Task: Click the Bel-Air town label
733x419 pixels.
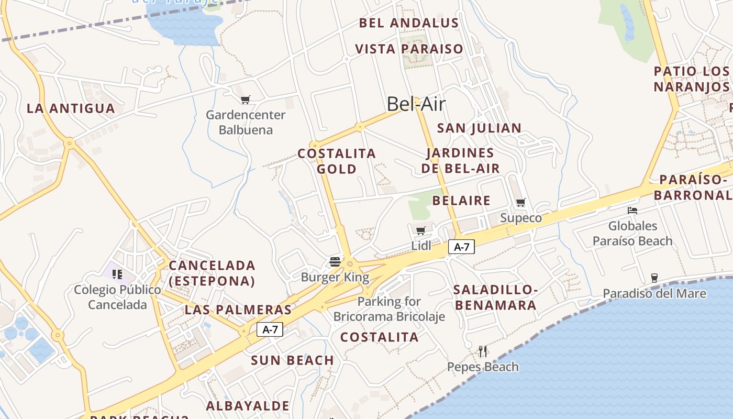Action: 416,104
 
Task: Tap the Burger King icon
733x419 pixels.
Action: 335,261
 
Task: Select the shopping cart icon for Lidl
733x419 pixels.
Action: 420,230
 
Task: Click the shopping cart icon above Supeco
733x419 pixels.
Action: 520,203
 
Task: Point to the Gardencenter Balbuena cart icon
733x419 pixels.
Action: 245,100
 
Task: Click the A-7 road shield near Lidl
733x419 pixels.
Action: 461,247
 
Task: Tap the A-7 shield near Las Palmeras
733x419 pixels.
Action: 270,329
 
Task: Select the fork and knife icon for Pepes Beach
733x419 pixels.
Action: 483,351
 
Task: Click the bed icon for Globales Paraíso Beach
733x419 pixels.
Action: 632,211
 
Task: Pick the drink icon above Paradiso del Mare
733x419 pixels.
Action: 654,278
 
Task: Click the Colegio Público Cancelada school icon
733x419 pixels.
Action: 117,274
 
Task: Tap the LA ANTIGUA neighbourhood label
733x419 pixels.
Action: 71,108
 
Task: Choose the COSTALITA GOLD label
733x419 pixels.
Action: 337,161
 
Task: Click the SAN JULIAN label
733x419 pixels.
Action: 479,128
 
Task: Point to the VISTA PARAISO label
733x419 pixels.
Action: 409,49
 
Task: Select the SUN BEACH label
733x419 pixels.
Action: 292,360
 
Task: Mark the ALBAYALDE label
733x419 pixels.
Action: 247,406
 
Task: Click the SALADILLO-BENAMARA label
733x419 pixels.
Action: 495,297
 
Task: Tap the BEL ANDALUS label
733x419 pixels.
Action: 408,23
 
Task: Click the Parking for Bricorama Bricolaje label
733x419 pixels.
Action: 389,309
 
